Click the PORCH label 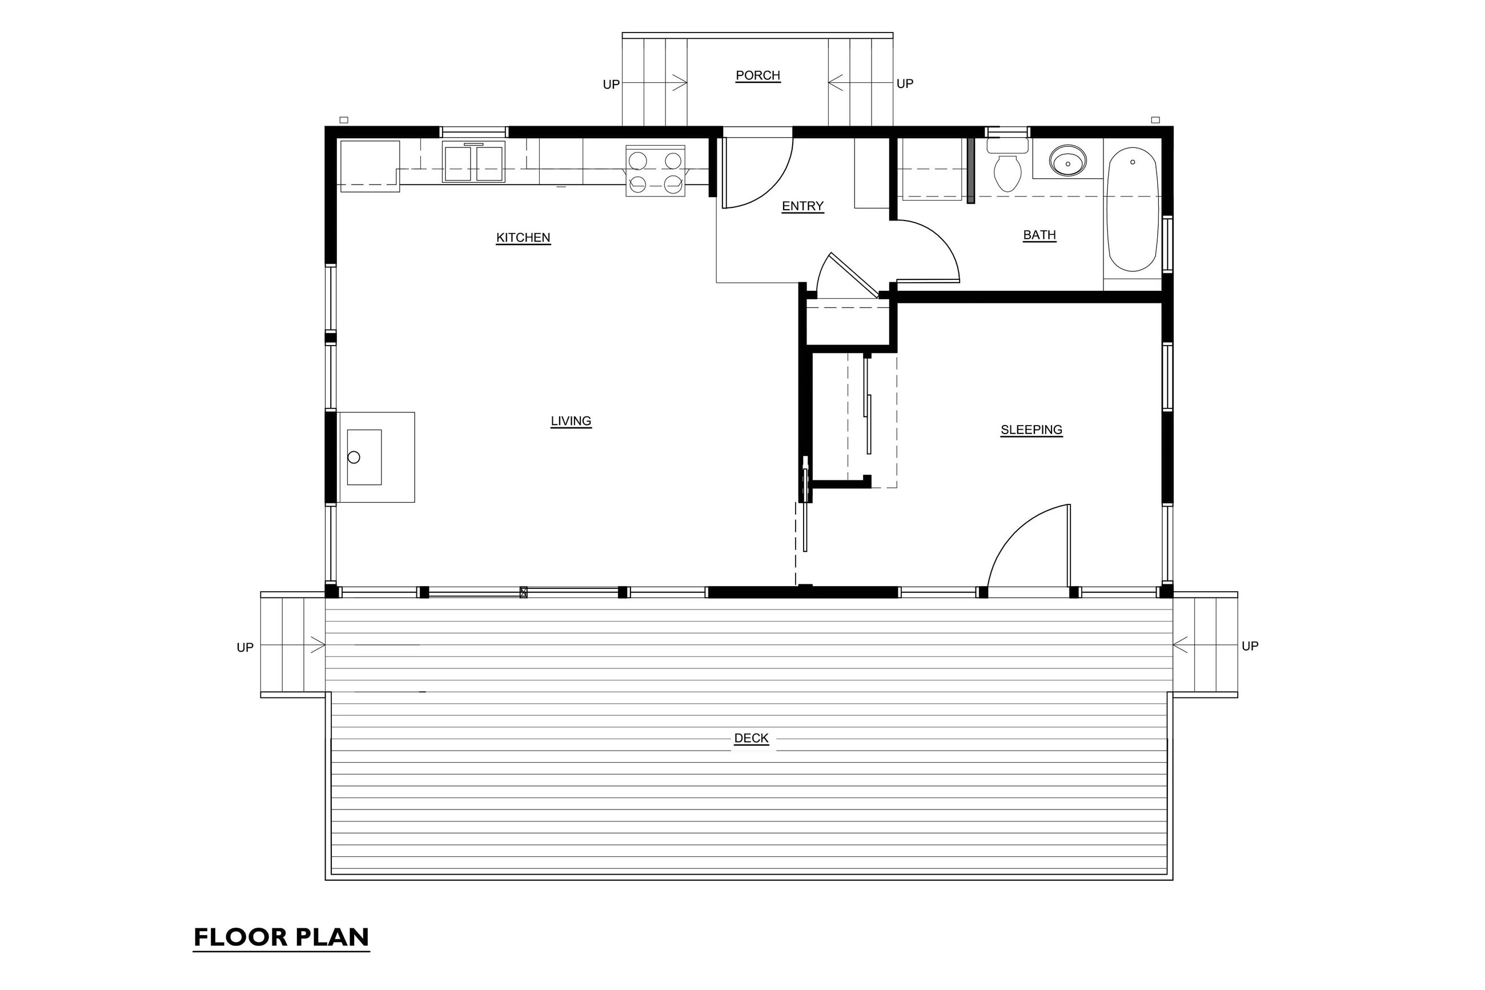[x=757, y=75]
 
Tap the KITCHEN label [x=523, y=238]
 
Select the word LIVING [x=571, y=421]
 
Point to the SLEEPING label [x=1032, y=430]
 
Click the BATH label [x=1039, y=235]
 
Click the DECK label [x=751, y=738]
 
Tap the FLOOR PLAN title [x=281, y=937]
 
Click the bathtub [x=1132, y=209]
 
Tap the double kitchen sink [x=473, y=162]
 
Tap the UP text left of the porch [x=611, y=85]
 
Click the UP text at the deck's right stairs [x=1250, y=646]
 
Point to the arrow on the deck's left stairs [x=293, y=646]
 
